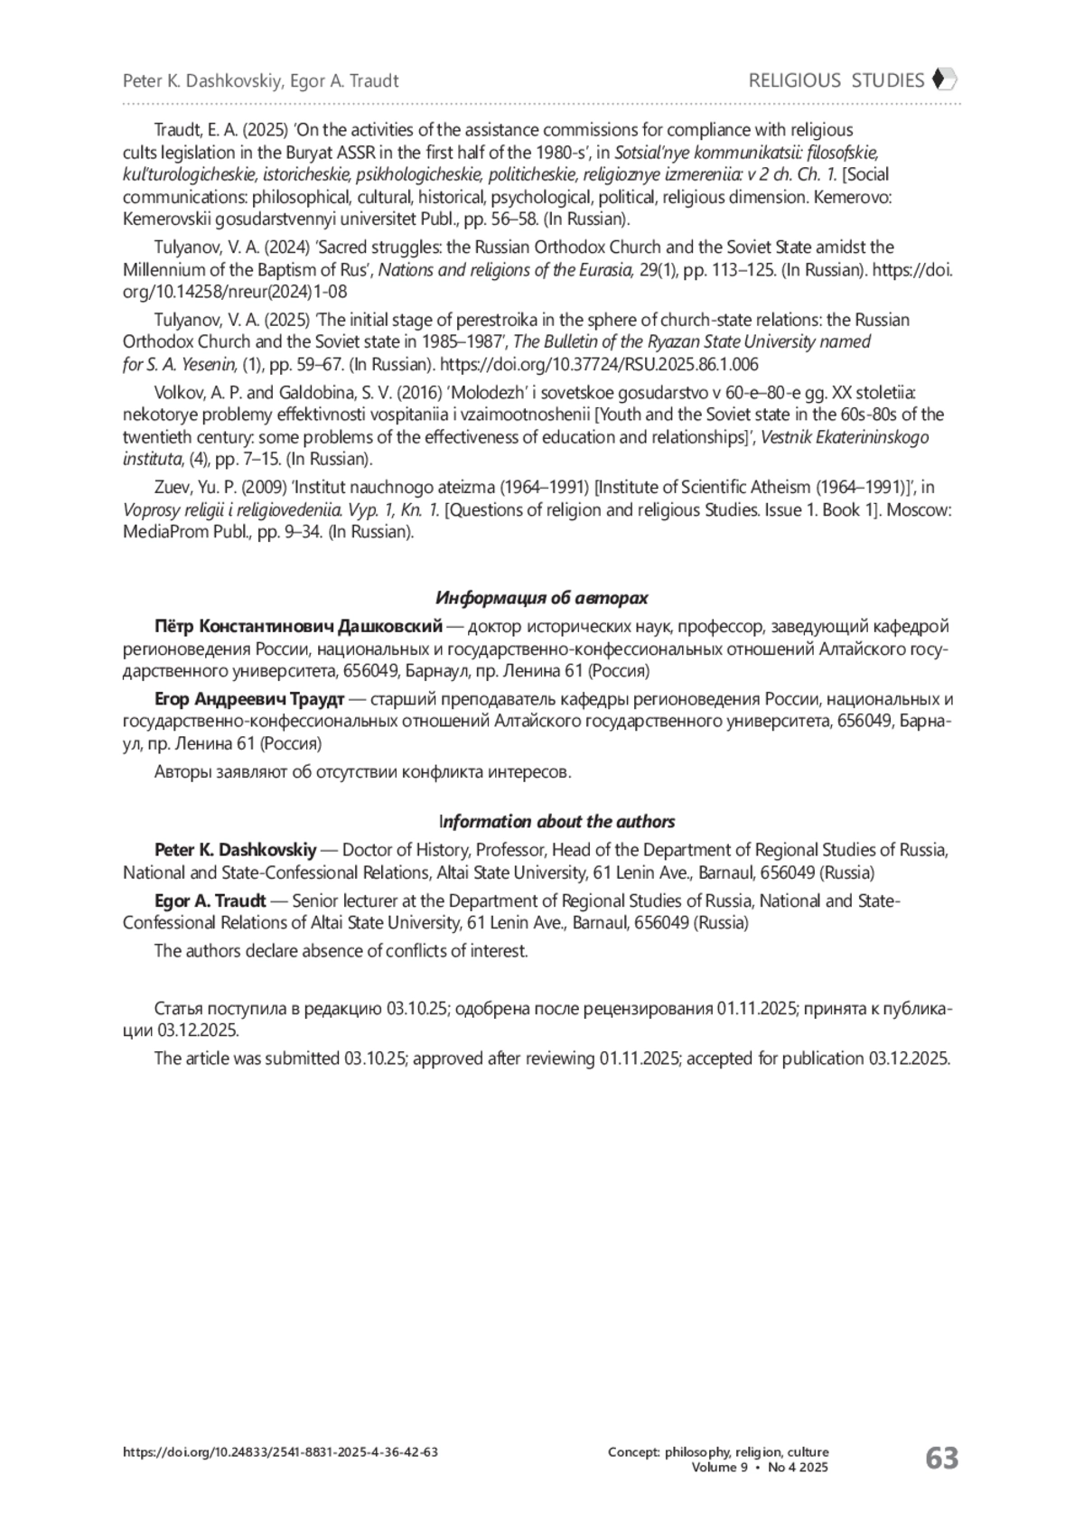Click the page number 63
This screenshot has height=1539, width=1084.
click(x=941, y=1458)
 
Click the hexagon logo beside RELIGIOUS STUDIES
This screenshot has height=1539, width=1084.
click(x=943, y=80)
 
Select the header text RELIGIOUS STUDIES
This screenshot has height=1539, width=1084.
click(x=836, y=80)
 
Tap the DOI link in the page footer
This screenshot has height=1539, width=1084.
click(x=281, y=1452)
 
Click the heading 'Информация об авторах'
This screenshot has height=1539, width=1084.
click(x=542, y=598)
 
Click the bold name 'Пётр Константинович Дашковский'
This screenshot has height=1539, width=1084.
click(x=298, y=627)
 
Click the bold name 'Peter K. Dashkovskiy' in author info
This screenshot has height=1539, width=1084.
click(x=236, y=850)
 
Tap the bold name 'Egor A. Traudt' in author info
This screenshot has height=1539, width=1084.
click(x=210, y=900)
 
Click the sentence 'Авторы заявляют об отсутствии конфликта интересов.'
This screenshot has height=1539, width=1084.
click(x=363, y=772)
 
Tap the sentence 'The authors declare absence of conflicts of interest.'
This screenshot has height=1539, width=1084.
click(x=341, y=951)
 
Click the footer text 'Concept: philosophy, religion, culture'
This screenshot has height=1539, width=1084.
click(x=718, y=1452)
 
